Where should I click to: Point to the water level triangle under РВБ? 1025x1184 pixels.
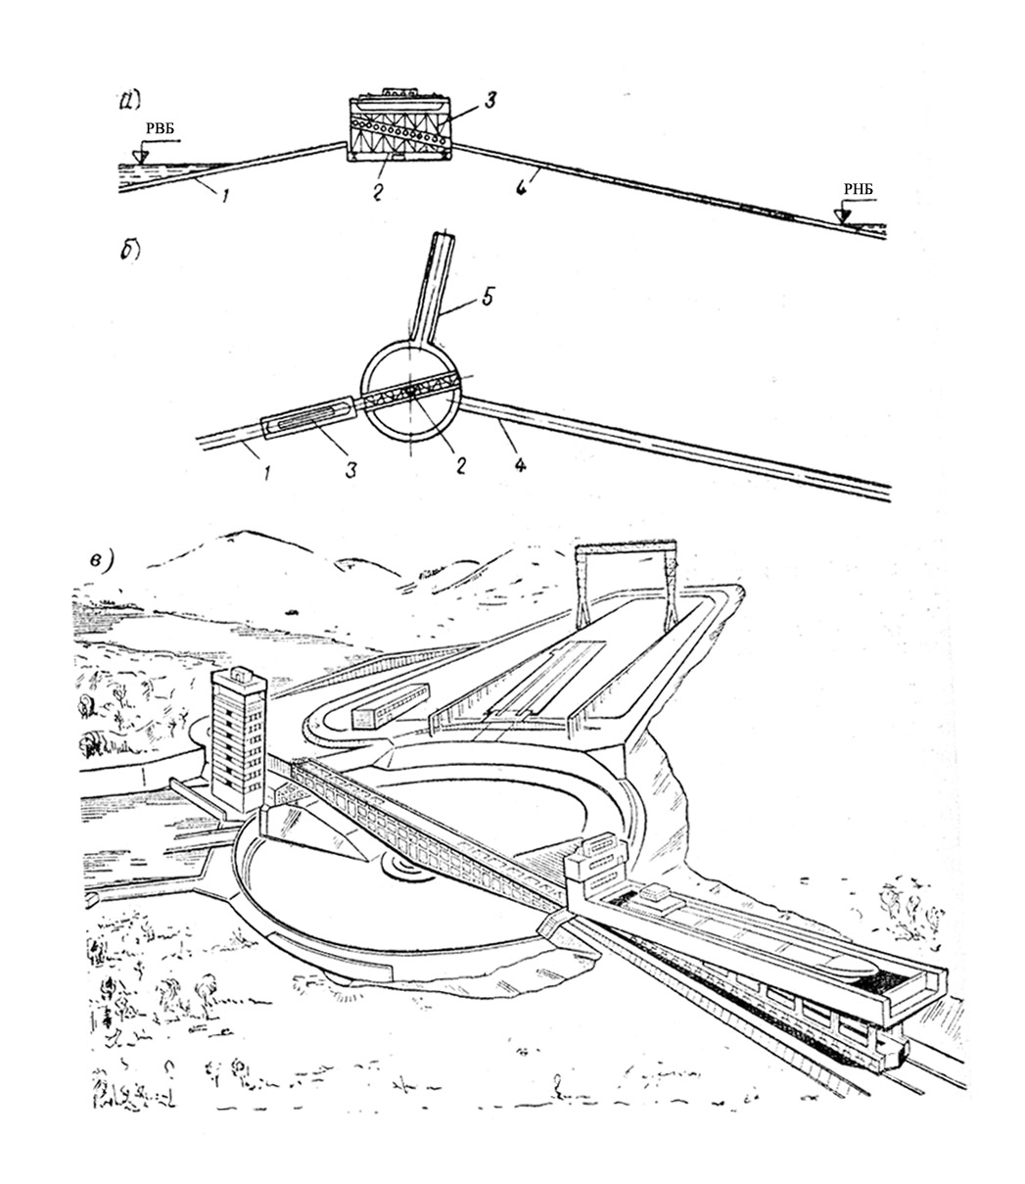(143, 153)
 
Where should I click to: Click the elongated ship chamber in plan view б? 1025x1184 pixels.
(308, 421)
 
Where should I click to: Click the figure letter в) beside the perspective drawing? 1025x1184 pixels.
(106, 561)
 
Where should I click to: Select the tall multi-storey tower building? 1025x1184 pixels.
(239, 734)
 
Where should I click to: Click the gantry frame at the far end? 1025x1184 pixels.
(626, 584)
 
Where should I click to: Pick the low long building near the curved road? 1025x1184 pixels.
(391, 703)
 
